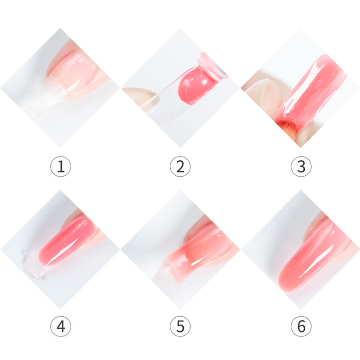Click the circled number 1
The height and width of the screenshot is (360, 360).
[60, 167]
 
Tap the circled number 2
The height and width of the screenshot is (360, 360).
[180, 167]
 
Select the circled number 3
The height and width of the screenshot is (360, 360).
[301, 167]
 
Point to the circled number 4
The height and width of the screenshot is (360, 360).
[60, 326]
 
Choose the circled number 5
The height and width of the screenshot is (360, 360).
[180, 326]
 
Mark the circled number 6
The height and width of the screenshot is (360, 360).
[301, 326]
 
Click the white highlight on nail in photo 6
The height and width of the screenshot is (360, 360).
[307, 271]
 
